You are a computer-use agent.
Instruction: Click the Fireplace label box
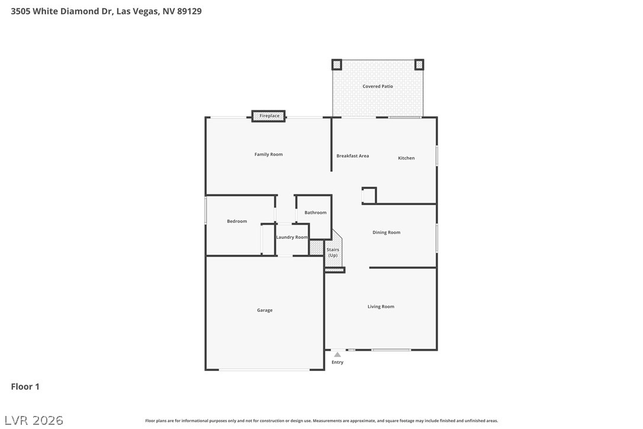[269, 116]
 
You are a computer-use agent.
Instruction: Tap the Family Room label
[269, 155]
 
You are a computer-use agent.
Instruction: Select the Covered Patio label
[378, 86]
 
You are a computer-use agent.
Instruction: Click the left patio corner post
[337, 65]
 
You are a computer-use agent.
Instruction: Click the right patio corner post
[419, 65]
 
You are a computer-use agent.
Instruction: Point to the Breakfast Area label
[353, 156]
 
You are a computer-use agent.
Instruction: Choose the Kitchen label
[406, 158]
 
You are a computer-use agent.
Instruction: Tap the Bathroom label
[316, 213]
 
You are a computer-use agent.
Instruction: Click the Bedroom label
[237, 221]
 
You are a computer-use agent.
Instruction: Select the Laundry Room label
[291, 237]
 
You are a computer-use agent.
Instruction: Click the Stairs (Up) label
[333, 252]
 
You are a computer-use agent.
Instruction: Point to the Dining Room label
[386, 232]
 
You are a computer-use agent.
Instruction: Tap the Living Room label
[381, 307]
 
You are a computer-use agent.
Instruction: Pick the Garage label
[265, 310]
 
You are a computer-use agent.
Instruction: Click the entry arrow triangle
[337, 355]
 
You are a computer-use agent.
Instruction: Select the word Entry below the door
[337, 362]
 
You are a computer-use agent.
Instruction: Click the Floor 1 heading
[25, 387]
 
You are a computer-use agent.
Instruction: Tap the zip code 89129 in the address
[189, 11]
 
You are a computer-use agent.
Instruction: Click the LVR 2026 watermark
[34, 420]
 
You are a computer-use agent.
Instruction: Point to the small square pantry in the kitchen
[369, 196]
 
